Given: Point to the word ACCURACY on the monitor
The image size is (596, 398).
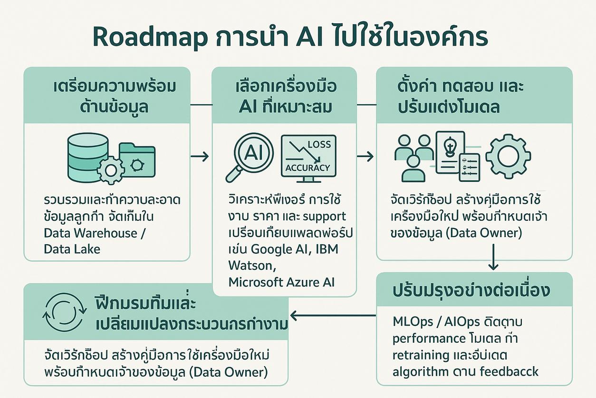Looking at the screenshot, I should tap(307, 168).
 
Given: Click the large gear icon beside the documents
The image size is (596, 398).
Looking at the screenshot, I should tap(508, 157).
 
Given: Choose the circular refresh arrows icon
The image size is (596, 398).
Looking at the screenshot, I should tap(65, 312).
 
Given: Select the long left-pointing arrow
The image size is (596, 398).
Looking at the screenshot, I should tap(333, 315).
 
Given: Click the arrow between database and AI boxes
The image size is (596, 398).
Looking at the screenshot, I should tap(200, 156).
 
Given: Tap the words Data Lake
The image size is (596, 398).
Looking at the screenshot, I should tap(72, 249).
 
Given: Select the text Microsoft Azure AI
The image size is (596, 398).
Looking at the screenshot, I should tap(281, 282).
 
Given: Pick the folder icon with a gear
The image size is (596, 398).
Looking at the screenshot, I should tap(137, 160).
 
